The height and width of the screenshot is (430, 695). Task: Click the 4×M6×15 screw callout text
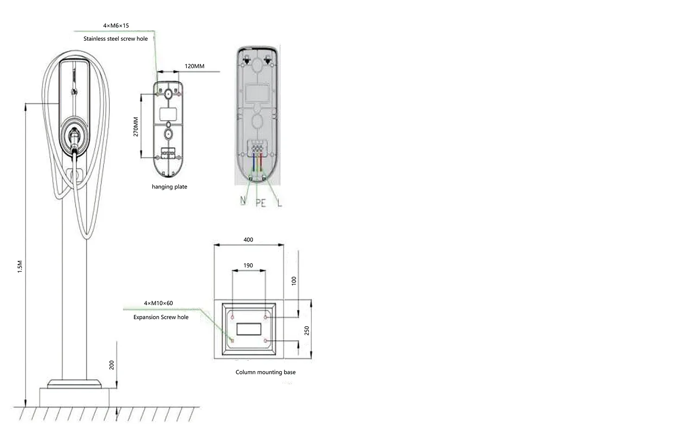(x=116, y=25)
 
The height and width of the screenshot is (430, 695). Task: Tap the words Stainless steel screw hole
(x=115, y=39)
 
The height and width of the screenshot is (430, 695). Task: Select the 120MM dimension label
(x=195, y=66)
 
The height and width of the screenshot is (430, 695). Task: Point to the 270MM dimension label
(x=136, y=126)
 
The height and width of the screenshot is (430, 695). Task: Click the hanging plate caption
(x=170, y=187)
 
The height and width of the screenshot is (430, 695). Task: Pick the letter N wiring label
(x=243, y=201)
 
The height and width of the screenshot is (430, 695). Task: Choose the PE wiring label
(x=260, y=203)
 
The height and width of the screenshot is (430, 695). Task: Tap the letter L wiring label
(x=279, y=203)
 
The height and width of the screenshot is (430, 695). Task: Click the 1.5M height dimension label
(x=20, y=266)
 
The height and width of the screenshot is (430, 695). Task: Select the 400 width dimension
(x=248, y=240)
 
